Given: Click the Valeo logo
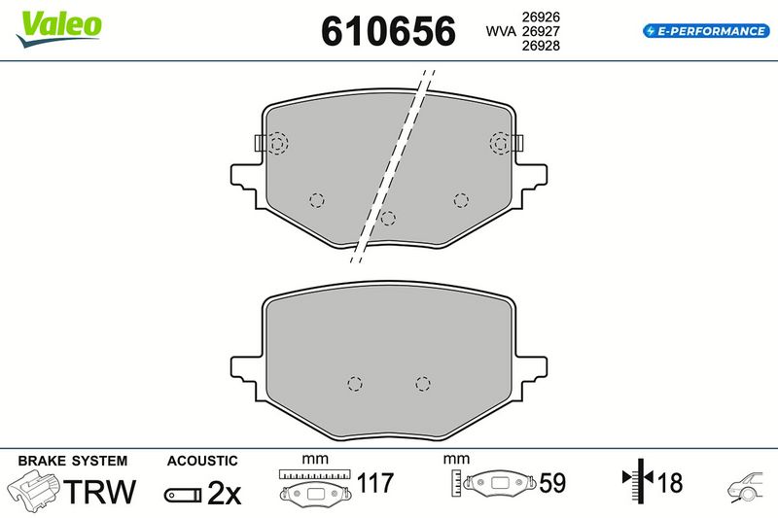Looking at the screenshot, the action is [x=59, y=29].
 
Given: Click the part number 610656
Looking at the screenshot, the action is [x=388, y=31].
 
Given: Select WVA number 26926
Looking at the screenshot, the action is [x=541, y=17].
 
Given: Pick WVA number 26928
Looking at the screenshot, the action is [x=541, y=46].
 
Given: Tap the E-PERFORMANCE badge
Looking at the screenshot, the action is [x=706, y=31].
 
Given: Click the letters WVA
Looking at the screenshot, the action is [x=501, y=31].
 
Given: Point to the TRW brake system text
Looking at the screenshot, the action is [x=100, y=491].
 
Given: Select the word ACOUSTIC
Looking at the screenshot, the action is [x=202, y=461].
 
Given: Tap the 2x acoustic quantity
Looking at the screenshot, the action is [x=224, y=494].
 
